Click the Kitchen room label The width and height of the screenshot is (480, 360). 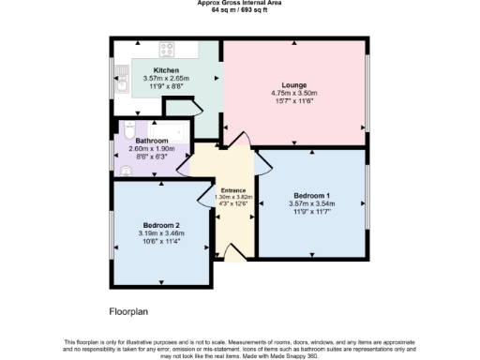167,70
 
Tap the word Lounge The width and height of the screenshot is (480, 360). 295,85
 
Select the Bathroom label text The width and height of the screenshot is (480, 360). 152,141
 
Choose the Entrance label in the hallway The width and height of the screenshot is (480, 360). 232,190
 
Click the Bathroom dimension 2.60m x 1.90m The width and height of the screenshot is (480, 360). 152,149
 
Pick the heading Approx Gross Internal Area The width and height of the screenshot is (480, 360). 240,3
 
